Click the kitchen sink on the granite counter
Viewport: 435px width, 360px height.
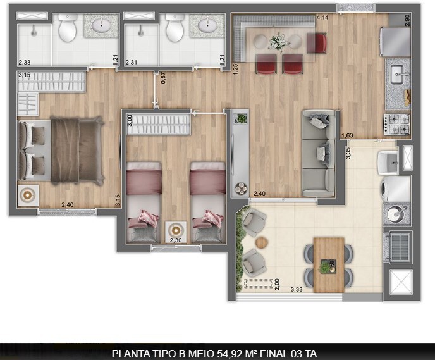(x=397, y=74)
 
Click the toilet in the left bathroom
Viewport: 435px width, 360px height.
(x=67, y=28)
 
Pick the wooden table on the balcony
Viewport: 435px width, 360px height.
(x=328, y=264)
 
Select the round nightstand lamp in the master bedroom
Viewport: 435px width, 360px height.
(x=27, y=196)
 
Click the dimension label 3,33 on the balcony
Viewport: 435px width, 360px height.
(x=296, y=290)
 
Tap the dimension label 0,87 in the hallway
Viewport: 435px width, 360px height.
(x=163, y=79)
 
